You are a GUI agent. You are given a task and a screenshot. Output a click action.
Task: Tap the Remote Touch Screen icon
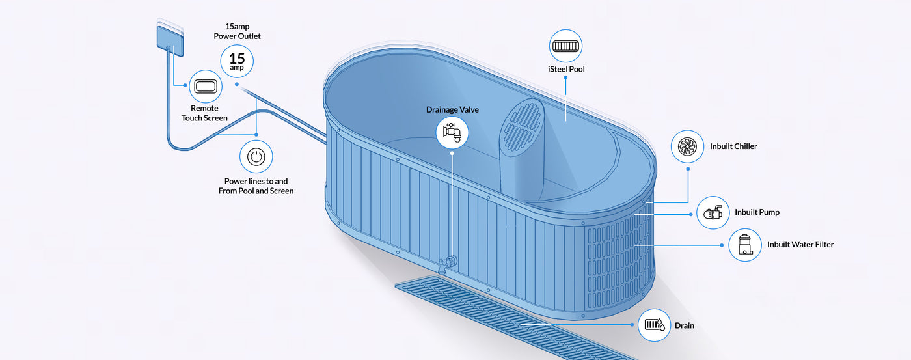205,87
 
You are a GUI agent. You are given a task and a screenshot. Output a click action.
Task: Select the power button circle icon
256,157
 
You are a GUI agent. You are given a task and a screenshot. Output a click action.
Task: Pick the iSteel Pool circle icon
565,46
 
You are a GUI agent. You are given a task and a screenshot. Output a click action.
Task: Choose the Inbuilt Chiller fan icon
687,146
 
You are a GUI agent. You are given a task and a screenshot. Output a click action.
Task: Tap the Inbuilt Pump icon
713,212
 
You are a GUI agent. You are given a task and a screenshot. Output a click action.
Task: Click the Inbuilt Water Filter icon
745,245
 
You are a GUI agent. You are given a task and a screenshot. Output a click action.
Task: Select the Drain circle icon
654,324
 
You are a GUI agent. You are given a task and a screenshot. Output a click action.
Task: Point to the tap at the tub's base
448,264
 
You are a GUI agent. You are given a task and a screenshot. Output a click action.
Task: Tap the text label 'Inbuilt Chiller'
733,146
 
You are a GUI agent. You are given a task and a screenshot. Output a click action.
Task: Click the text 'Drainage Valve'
452,109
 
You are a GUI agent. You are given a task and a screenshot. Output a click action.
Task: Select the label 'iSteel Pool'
566,69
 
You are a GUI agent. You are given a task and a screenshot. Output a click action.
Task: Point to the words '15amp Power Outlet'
237,31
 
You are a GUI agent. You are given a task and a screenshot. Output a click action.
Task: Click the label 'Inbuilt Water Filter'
800,245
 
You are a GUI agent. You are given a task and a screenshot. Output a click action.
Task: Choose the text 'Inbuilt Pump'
757,212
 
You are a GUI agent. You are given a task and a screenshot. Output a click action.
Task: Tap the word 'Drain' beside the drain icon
685,325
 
